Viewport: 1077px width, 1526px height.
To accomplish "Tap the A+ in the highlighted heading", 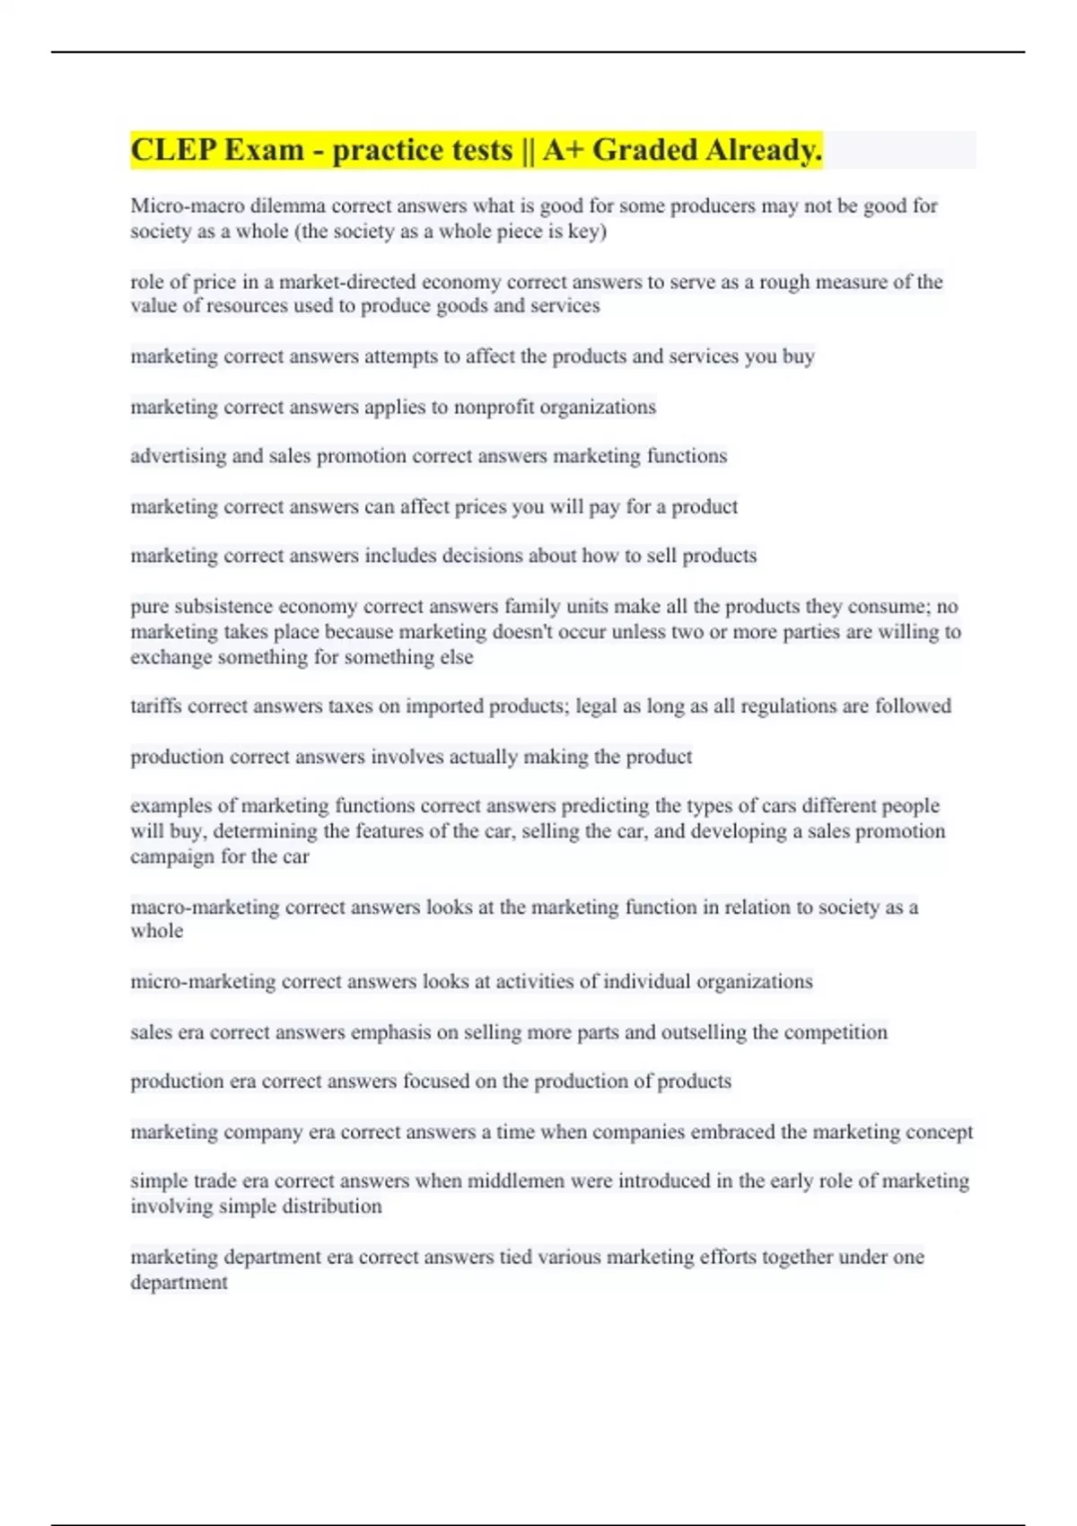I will coord(563,150).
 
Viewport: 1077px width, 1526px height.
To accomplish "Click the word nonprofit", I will coord(491,407).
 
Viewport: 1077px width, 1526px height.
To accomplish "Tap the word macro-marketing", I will coord(205,907).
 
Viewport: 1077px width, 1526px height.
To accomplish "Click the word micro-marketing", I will coord(203,981).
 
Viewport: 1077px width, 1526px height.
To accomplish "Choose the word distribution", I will coord(332,1206).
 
